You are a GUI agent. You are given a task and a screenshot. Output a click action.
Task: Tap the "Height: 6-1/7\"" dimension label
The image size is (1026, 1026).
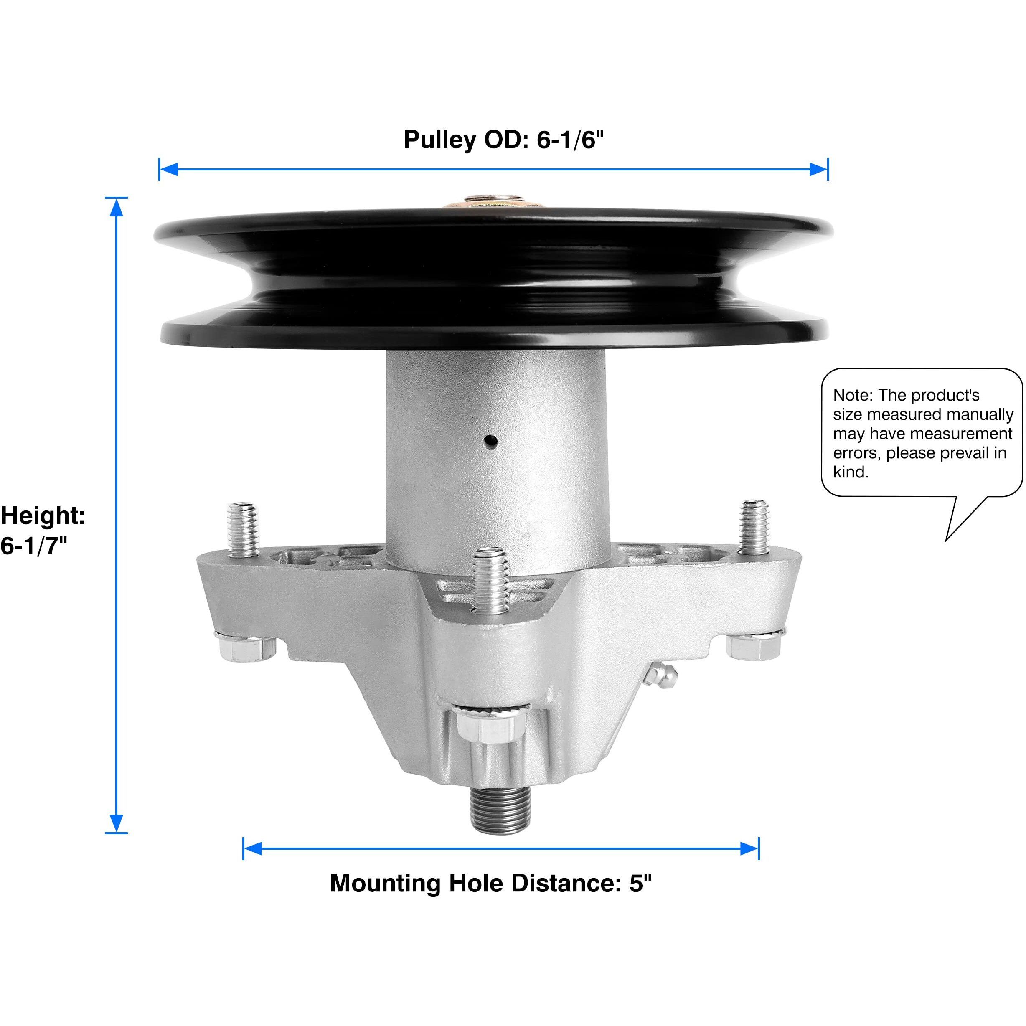point(43,530)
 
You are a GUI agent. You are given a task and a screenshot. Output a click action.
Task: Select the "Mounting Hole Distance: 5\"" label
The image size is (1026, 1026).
point(490,883)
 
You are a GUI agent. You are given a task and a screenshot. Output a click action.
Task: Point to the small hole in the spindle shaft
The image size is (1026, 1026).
point(491,440)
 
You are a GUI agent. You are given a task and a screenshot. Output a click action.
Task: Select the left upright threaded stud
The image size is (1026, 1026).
point(243,529)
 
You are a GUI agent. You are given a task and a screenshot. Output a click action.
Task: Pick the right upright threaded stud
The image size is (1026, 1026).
point(754,527)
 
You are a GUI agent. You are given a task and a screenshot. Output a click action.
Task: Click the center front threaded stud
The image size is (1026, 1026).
point(491,581)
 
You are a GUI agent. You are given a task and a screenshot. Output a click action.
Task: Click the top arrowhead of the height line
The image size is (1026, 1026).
point(116,208)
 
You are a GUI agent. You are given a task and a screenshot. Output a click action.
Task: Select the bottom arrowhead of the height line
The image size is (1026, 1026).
point(116,823)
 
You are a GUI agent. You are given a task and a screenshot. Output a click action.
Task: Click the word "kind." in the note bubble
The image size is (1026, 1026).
point(851,472)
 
